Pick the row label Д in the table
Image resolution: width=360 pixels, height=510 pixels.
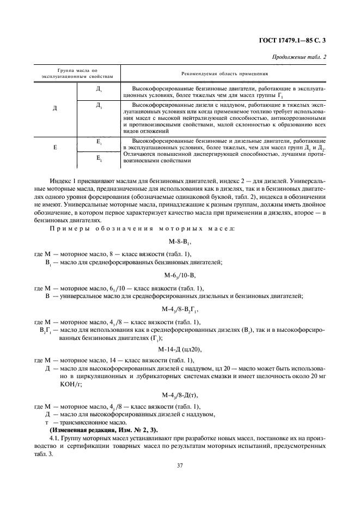(55, 108)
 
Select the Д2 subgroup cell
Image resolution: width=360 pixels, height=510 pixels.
(99, 105)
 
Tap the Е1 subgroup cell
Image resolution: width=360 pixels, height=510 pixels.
(99, 143)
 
